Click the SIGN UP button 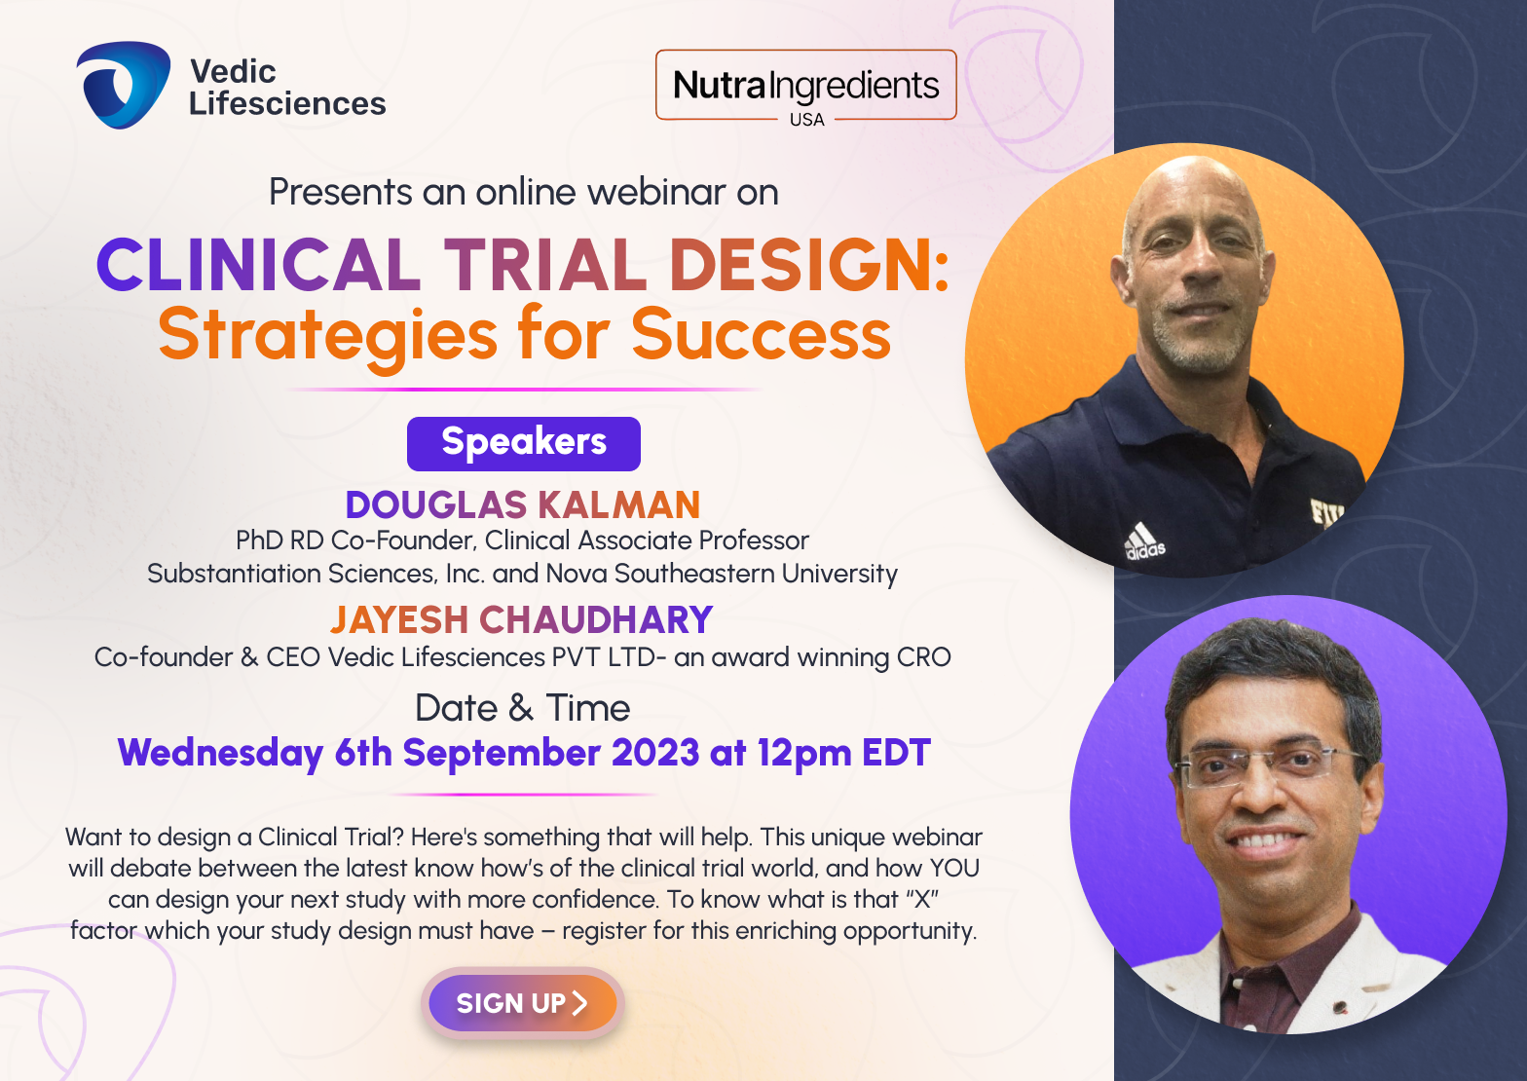[523, 1003]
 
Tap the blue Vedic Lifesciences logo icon [124, 85]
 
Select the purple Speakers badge [524, 444]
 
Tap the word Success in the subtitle [762, 334]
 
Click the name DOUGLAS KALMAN [523, 505]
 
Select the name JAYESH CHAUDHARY [522, 619]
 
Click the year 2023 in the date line [655, 753]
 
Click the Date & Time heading [523, 707]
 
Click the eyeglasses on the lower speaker [1269, 765]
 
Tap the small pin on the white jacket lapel [1340, 1005]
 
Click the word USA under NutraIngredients [806, 120]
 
